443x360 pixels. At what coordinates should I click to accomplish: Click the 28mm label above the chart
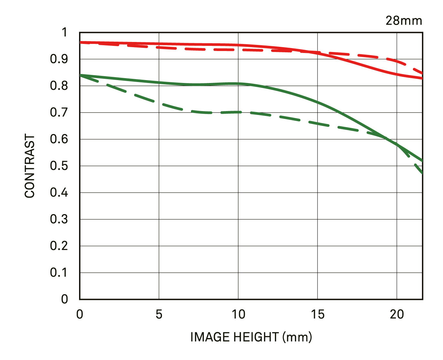click(404, 21)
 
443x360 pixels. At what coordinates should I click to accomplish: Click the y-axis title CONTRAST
click(30, 166)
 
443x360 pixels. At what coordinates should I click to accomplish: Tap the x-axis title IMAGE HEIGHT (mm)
click(251, 337)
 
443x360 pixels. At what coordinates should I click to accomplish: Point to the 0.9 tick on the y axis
click(59, 59)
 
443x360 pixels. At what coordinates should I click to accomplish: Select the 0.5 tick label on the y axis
click(59, 166)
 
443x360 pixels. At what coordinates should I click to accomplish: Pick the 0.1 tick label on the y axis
click(59, 273)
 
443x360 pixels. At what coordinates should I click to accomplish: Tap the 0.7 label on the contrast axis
click(59, 113)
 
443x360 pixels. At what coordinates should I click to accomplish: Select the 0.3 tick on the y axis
click(59, 219)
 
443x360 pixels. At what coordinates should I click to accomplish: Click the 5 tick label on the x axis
click(159, 314)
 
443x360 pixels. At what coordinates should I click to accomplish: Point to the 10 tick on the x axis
click(238, 314)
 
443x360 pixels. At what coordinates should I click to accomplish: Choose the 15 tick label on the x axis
click(317, 314)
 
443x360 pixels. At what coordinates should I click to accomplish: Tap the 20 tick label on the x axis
click(397, 314)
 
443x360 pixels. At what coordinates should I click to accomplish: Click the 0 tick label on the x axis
click(80, 314)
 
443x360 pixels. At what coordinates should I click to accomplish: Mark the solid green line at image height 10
click(238, 84)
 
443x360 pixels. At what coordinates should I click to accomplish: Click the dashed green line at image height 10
click(238, 112)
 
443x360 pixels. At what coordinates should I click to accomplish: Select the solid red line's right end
click(421, 78)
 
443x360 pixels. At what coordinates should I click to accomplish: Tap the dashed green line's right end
click(421, 173)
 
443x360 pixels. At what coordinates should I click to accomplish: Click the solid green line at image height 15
click(317, 102)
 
